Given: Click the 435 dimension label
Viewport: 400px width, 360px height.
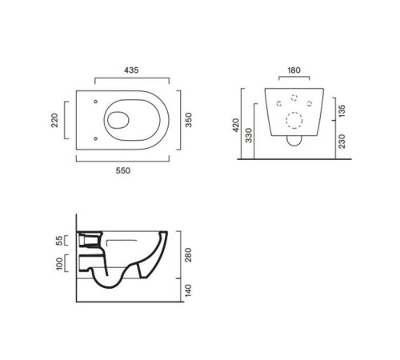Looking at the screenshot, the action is (131, 70).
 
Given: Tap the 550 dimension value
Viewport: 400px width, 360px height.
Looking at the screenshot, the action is (123, 170).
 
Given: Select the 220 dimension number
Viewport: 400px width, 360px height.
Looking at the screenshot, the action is (54, 120).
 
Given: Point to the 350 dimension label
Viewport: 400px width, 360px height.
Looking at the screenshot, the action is (188, 120).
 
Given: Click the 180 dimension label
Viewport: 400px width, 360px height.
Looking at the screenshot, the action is (294, 70).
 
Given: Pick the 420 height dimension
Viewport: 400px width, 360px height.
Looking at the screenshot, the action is (236, 125).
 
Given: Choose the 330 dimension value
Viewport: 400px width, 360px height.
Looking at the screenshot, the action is (249, 135).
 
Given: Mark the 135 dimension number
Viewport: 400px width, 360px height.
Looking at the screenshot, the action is (342, 110).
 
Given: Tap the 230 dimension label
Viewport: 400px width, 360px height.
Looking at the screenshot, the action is (342, 141).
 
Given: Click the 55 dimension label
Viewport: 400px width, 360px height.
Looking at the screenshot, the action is (59, 240).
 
